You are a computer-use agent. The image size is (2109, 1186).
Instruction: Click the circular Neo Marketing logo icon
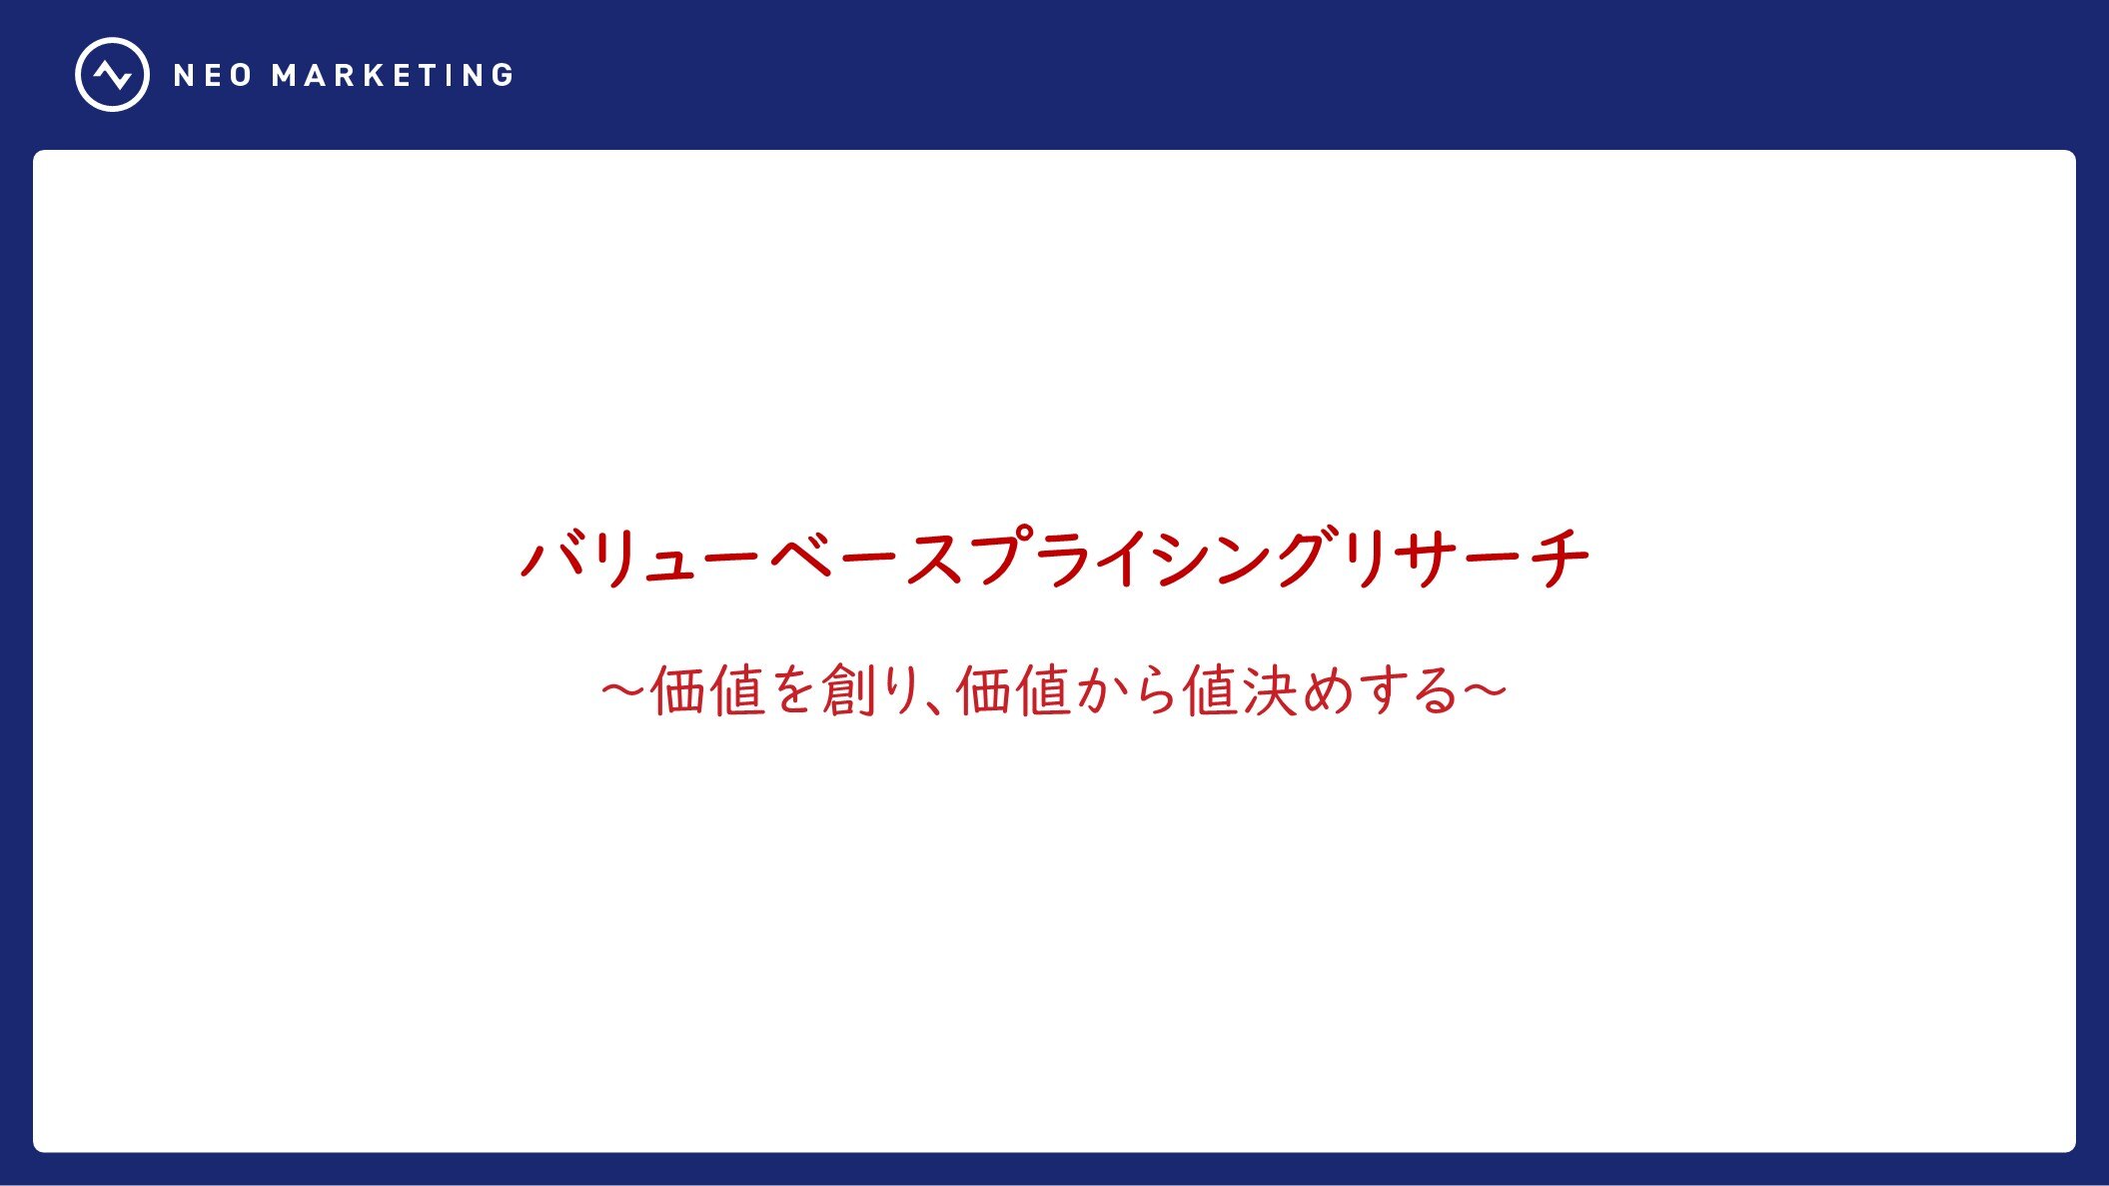112,75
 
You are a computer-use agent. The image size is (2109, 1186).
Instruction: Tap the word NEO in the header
213,76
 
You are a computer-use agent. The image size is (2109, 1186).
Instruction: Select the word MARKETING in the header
393,76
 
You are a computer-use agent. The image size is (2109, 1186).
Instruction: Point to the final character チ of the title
1559,557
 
